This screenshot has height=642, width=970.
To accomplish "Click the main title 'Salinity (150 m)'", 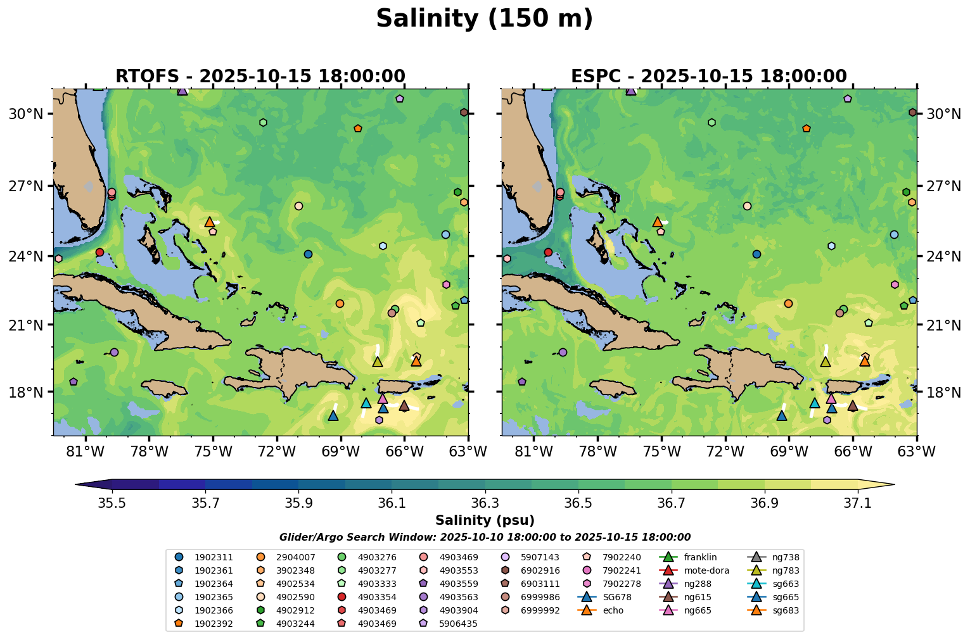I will (x=484, y=19).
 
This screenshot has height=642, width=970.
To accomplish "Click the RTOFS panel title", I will (x=260, y=77).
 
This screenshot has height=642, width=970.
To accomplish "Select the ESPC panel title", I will (x=708, y=77).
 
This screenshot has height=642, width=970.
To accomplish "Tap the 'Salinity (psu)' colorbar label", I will (x=485, y=520).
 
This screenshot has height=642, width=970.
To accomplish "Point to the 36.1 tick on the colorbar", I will (x=392, y=503).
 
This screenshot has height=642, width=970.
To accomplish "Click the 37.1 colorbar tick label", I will (x=858, y=503).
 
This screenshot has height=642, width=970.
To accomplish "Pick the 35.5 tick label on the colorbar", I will (x=112, y=503).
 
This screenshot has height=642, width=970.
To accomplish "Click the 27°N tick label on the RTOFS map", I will (x=26, y=186).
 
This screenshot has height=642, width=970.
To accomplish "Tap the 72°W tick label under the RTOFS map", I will (x=277, y=451).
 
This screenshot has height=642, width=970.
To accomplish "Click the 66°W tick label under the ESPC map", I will (x=853, y=451).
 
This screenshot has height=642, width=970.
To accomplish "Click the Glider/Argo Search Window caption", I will (x=485, y=538).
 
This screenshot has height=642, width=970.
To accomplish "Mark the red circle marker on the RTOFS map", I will (x=99, y=252).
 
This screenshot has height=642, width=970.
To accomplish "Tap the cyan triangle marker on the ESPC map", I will (x=814, y=403).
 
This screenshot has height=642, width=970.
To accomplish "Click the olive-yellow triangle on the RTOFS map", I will (x=377, y=362).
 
